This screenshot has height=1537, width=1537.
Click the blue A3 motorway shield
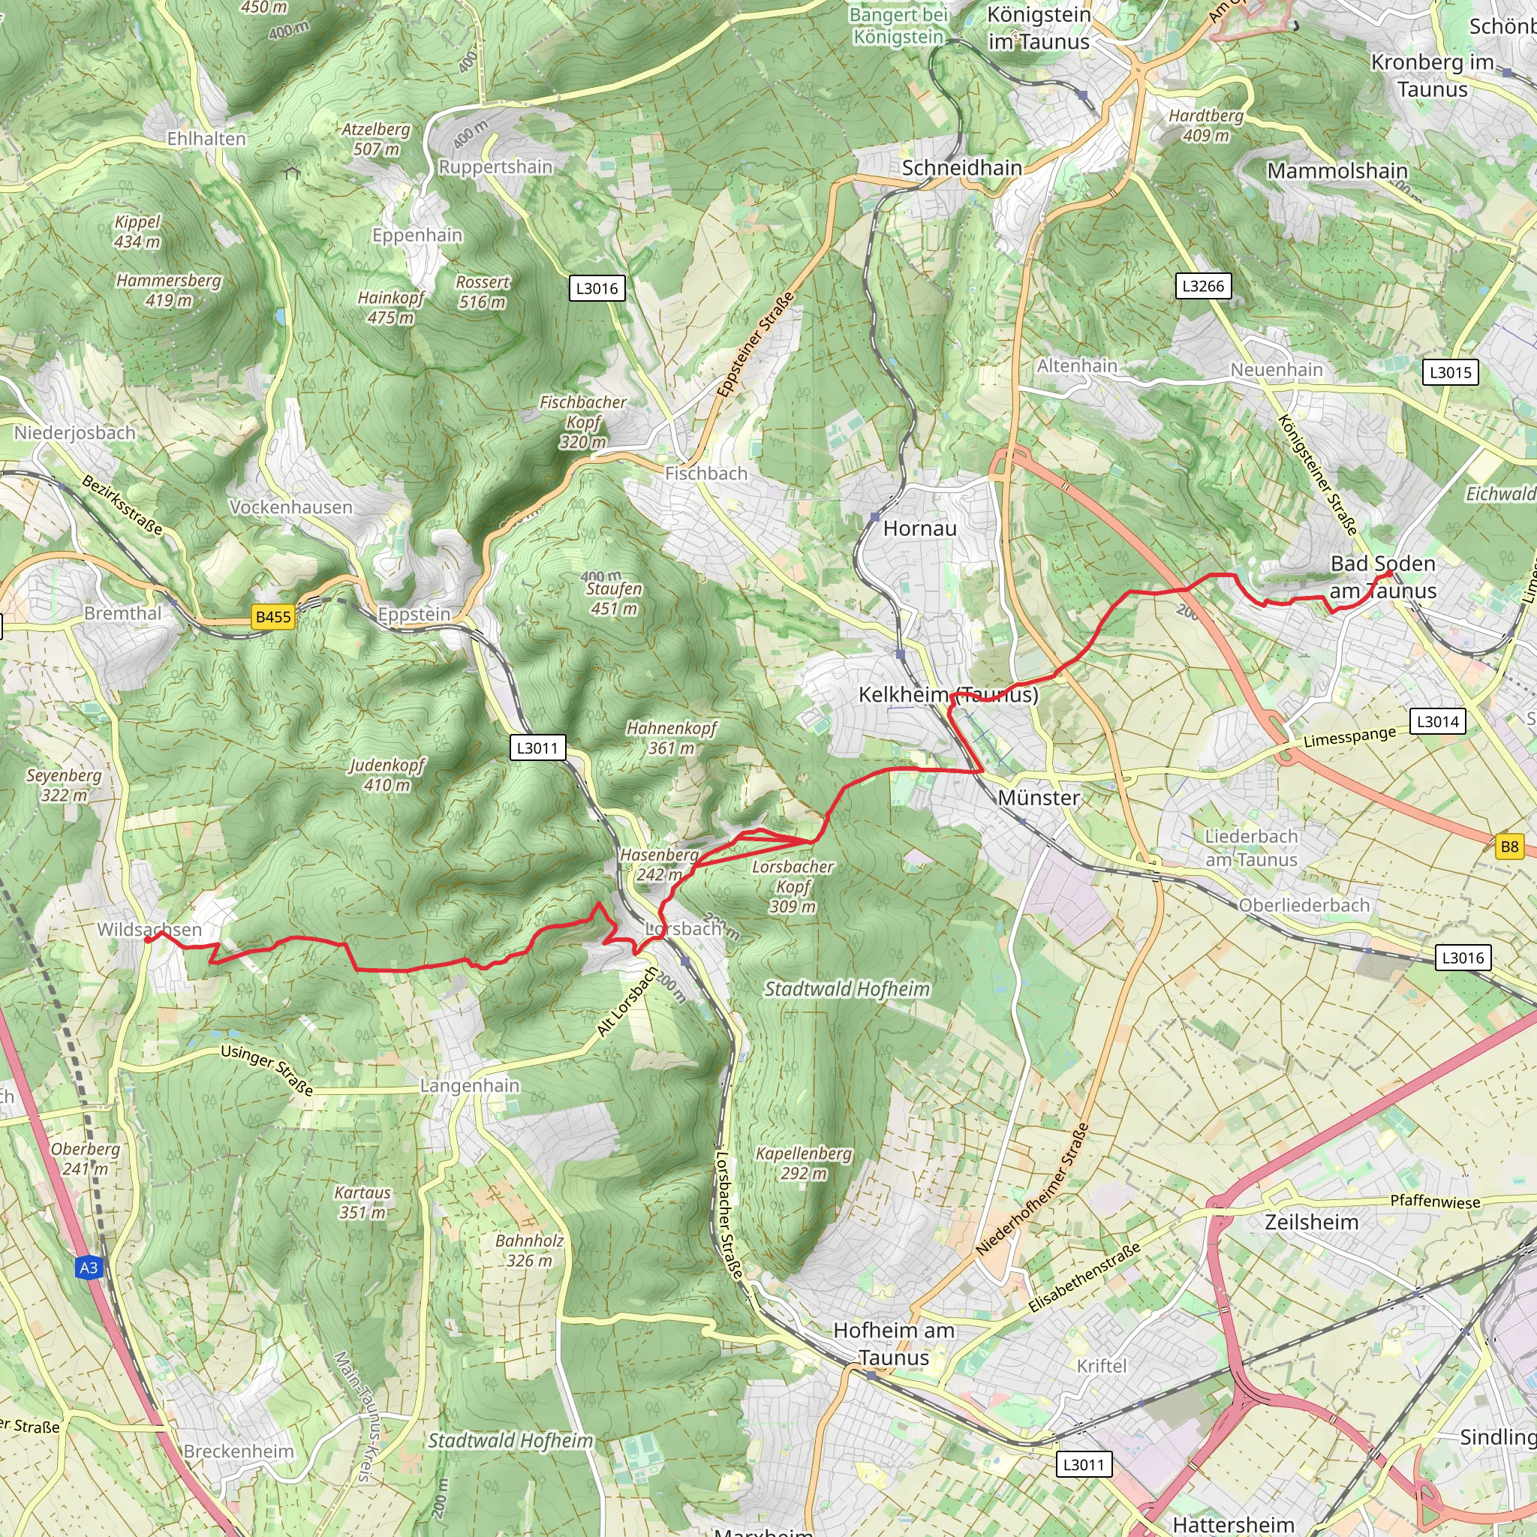(89, 1268)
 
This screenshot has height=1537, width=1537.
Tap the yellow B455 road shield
(273, 617)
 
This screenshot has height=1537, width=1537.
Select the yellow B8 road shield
(1509, 847)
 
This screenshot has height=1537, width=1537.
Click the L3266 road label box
(1203, 287)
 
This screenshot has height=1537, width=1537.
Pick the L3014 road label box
(1437, 721)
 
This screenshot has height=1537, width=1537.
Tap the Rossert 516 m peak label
(482, 292)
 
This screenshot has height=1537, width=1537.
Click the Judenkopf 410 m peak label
(387, 775)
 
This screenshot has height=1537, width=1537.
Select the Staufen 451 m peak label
(613, 598)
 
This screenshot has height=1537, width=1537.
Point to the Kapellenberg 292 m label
(804, 1163)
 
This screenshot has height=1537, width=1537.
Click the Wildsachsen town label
(149, 929)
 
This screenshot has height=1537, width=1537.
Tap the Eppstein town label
(414, 614)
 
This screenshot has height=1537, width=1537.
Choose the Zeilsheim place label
(1311, 1222)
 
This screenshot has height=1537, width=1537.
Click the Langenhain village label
(469, 1086)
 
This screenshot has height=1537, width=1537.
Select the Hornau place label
(919, 528)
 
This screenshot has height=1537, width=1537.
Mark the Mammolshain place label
(1337, 171)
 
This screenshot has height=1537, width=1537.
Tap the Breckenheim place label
(239, 1451)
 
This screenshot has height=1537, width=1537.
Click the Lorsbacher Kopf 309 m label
(793, 886)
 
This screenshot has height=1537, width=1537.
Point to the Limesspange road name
(1349, 737)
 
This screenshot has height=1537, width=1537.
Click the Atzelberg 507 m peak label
(376, 140)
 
